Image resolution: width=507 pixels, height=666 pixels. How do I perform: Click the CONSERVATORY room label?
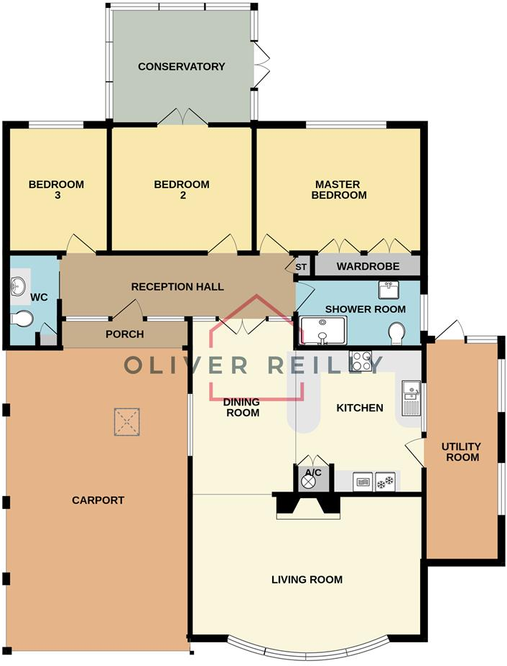click(x=182, y=67)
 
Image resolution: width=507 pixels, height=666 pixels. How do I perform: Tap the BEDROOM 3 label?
click(x=56, y=189)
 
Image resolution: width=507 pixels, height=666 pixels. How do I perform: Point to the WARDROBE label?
click(x=368, y=266)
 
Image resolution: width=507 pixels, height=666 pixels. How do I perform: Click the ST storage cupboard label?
click(x=301, y=267)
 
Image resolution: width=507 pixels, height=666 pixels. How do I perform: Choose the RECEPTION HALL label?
click(x=177, y=287)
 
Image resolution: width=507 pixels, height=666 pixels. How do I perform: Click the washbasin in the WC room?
click(x=19, y=288)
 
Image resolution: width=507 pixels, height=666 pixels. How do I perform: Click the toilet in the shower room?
click(x=396, y=333)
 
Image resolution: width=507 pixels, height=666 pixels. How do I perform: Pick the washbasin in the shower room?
click(x=388, y=290)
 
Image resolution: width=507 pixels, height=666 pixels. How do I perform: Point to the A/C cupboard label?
click(x=312, y=472)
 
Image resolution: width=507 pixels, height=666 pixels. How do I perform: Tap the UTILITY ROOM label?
click(x=462, y=451)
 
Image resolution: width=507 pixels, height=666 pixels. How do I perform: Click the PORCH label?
click(x=125, y=334)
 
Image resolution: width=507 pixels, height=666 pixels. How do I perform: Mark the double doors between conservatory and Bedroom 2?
click(x=183, y=118)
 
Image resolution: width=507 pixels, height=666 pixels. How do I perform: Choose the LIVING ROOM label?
click(x=307, y=579)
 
